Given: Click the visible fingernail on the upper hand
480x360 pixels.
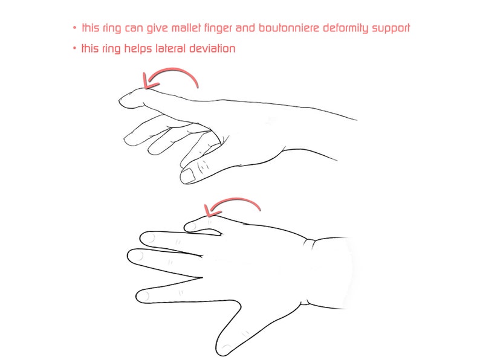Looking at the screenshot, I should (189, 175).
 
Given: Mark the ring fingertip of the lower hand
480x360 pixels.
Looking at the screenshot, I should (143, 236).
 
